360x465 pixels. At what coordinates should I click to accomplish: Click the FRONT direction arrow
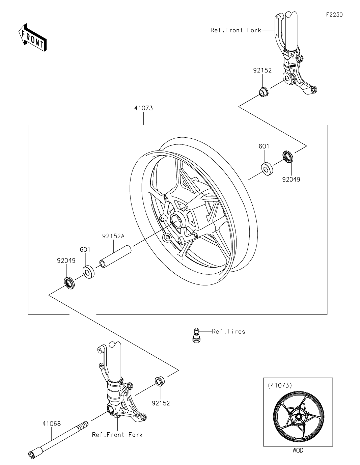(32, 37)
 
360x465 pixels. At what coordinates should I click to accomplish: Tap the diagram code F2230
(334, 15)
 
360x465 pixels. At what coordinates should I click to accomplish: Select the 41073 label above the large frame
(143, 108)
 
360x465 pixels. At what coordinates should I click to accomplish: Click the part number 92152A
(113, 236)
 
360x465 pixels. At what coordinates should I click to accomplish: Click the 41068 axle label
(52, 423)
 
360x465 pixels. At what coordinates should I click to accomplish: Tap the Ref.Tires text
(228, 331)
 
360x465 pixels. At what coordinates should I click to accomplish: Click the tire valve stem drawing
(195, 335)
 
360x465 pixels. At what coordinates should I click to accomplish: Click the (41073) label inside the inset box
(280, 385)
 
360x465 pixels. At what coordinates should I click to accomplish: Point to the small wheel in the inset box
(299, 417)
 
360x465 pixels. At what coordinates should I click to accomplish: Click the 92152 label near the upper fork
(262, 70)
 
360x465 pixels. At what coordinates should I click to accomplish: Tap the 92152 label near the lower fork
(161, 403)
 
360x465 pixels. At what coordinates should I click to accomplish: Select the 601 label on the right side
(264, 146)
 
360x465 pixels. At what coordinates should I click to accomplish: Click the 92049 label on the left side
(66, 261)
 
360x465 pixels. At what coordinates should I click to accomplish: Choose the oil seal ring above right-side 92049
(288, 157)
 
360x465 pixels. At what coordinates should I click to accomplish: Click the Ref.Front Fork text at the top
(236, 30)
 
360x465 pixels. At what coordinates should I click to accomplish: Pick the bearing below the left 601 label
(88, 272)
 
